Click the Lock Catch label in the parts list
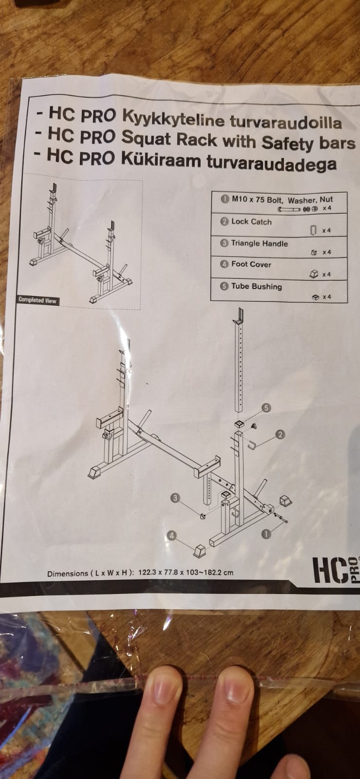pos(251,222)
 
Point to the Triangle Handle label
pos(259,243)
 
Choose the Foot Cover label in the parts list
pos(251,264)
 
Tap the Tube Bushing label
pos(256,286)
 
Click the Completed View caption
pos(38,300)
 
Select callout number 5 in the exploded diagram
pos(266,408)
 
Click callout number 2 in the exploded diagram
pos(280,434)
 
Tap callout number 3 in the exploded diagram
pos(175,498)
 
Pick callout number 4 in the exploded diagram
pos(171,536)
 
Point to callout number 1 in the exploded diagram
pos(266,534)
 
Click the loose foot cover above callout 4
pos(200,550)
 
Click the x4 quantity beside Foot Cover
pos(326,275)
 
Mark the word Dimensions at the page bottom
pos(68,574)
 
